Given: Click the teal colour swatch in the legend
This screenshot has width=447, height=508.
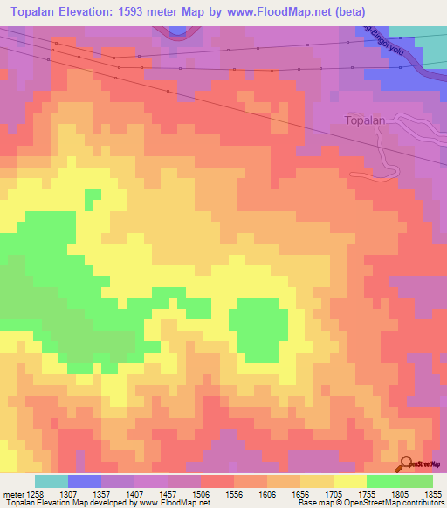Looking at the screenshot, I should [x=52, y=481].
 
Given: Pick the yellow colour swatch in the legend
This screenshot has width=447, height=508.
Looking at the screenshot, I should [x=349, y=481].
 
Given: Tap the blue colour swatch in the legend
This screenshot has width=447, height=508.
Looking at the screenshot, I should [x=85, y=481].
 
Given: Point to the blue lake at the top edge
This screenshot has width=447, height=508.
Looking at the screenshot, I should [x=178, y=29].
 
